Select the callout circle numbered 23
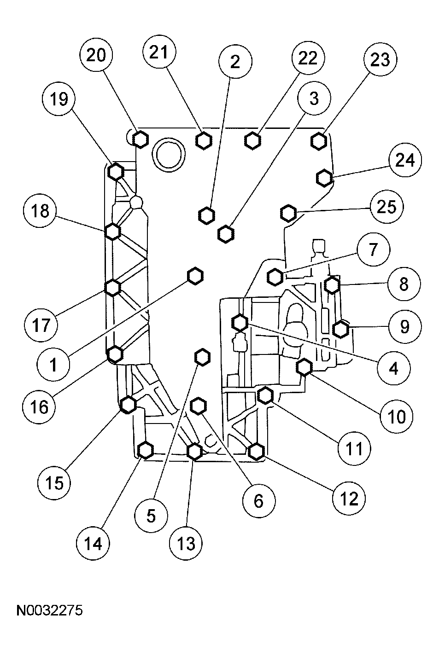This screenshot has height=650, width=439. [380, 60]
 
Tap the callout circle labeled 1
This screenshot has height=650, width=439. [53, 364]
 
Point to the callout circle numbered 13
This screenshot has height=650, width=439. [186, 544]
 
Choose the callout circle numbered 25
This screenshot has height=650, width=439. [386, 207]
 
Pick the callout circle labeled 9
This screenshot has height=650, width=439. [404, 327]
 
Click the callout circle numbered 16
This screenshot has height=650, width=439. [40, 406]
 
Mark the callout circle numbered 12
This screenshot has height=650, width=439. [350, 498]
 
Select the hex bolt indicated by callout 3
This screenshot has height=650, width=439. [225, 234]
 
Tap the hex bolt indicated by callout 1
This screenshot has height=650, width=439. [195, 275]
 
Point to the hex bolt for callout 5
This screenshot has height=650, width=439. [202, 357]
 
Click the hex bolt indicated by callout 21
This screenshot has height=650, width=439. [203, 140]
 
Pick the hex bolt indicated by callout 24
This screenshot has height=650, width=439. [324, 177]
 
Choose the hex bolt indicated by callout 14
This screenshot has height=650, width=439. [146, 450]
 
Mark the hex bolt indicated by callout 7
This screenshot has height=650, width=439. [275, 277]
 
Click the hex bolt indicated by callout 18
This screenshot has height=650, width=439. [113, 231]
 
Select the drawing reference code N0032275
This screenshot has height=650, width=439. [49, 611]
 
